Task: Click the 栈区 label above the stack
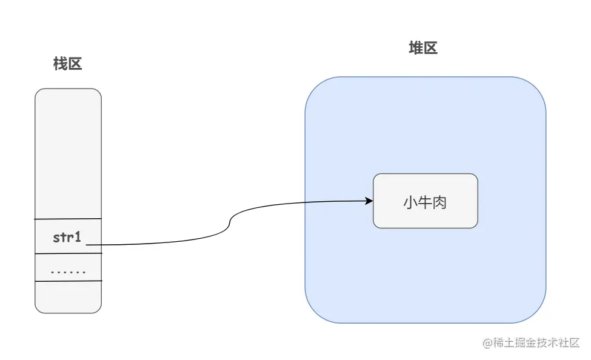click(x=67, y=64)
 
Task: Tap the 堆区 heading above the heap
click(x=422, y=48)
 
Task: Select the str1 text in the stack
click(x=67, y=237)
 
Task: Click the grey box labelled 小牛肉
click(x=425, y=201)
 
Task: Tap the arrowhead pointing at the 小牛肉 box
click(x=369, y=201)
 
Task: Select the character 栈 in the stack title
click(x=60, y=64)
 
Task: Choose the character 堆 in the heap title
click(x=415, y=48)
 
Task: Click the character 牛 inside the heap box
click(x=425, y=202)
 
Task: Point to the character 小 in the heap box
click(x=410, y=202)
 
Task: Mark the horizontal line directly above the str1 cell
click(x=68, y=219)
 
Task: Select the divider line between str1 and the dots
click(x=68, y=253)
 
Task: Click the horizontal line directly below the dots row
click(x=68, y=281)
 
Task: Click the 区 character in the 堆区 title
click(x=430, y=48)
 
